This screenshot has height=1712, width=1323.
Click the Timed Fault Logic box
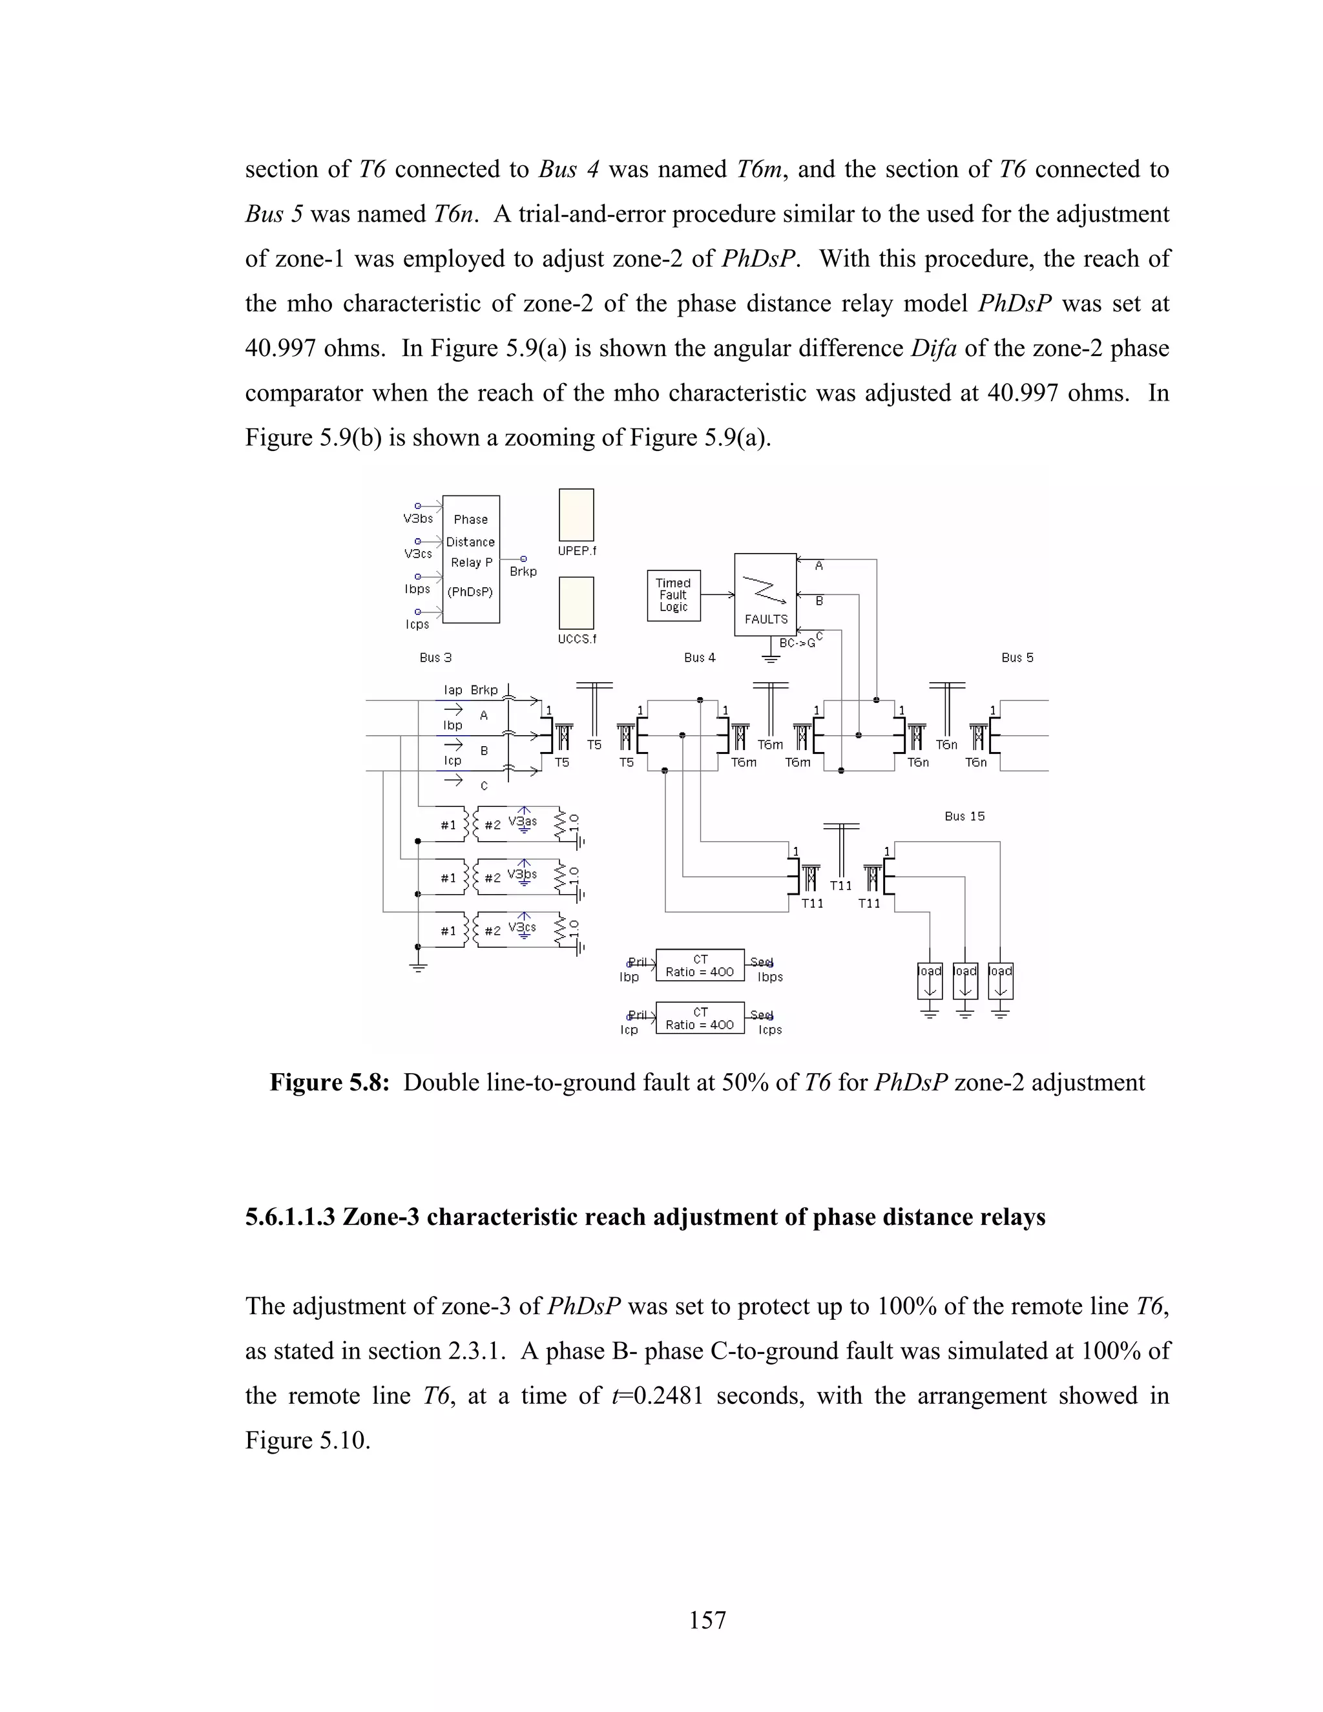(x=673, y=595)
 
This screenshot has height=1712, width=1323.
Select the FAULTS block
(x=765, y=594)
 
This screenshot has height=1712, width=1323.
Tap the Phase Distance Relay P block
(x=470, y=559)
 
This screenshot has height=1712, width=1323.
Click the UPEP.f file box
(x=576, y=515)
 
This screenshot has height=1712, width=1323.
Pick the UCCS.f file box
(x=576, y=603)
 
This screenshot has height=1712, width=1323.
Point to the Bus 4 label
(x=699, y=658)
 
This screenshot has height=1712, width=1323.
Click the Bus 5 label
(x=1017, y=658)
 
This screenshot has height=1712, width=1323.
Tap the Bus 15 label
(x=964, y=816)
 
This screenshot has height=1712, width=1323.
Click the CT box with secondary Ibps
(x=699, y=966)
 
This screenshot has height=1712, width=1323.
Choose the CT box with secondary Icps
(x=699, y=1018)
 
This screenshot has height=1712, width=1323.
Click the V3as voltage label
(x=522, y=822)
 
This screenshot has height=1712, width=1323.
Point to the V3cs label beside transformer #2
(x=522, y=927)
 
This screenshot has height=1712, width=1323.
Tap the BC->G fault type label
(x=797, y=643)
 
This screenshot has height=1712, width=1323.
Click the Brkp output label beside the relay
(x=523, y=572)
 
